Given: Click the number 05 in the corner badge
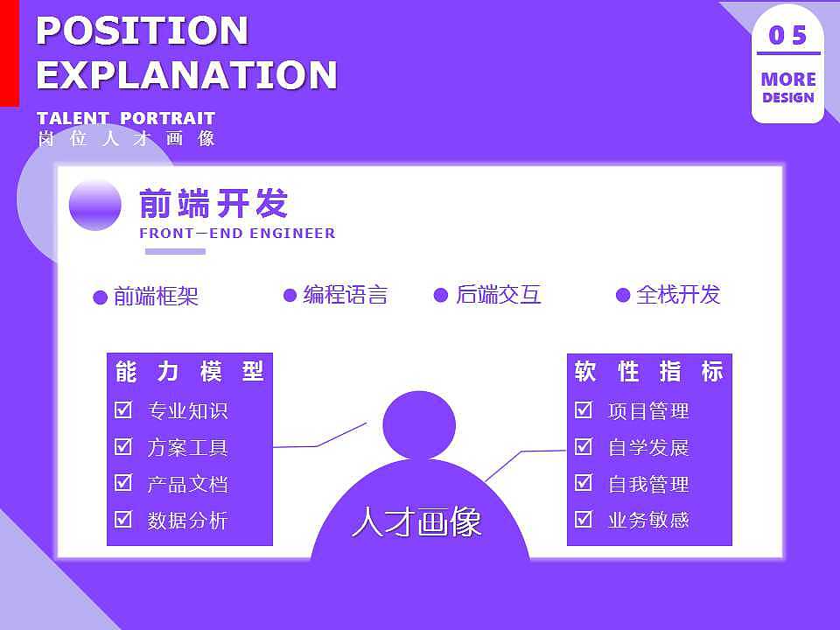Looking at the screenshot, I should pyautogui.click(x=787, y=35).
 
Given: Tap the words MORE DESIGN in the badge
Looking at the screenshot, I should pyautogui.click(x=787, y=87).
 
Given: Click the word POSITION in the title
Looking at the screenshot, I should pyautogui.click(x=143, y=31).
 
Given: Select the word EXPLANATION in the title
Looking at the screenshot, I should pyautogui.click(x=186, y=75).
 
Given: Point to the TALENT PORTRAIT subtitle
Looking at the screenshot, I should pyautogui.click(x=126, y=118).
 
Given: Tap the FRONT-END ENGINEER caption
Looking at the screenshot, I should pyautogui.click(x=237, y=234).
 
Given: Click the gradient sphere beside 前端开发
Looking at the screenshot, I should pyautogui.click(x=94, y=205).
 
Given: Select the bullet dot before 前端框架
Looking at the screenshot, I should pyautogui.click(x=101, y=297).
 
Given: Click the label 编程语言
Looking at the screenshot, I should pyautogui.click(x=345, y=296).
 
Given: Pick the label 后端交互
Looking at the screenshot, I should pyautogui.click(x=498, y=296).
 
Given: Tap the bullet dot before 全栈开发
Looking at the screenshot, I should pyautogui.click(x=623, y=296).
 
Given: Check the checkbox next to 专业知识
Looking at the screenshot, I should pyautogui.click(x=123, y=409).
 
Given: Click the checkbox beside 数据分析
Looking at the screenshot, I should pyautogui.click(x=123, y=520).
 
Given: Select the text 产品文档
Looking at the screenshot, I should pyautogui.click(x=187, y=484).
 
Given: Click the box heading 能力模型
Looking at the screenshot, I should pyautogui.click(x=189, y=372).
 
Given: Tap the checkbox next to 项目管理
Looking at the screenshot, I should pyautogui.click(x=584, y=409).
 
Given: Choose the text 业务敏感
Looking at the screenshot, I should pyautogui.click(x=648, y=521).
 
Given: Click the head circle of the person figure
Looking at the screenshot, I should pyautogui.click(x=419, y=425).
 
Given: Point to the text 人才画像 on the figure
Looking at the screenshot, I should pyautogui.click(x=416, y=523).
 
